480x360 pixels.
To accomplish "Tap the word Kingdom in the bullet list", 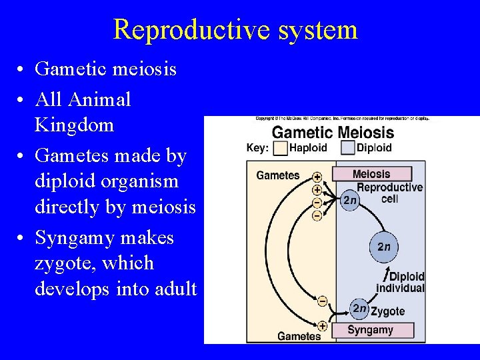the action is (x=74, y=125).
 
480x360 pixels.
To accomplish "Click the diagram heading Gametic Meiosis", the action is (x=333, y=132).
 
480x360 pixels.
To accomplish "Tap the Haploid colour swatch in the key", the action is (x=281, y=147).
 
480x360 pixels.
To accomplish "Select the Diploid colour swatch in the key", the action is (x=347, y=147).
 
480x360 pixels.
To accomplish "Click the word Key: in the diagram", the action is (x=257, y=147).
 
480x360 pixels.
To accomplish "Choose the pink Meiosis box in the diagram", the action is (x=371, y=173).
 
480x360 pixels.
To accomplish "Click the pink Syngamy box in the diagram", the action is (x=371, y=330).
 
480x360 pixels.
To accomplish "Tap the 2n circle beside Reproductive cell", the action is (x=351, y=200).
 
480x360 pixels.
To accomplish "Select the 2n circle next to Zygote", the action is (x=359, y=309).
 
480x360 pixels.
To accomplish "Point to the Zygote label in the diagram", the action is (x=388, y=311).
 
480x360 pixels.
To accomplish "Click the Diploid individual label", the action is (x=400, y=283).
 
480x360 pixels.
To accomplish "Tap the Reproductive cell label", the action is (x=390, y=193).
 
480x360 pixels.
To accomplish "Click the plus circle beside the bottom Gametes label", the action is (x=322, y=326).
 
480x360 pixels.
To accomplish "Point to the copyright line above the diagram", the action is (x=342, y=119).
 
